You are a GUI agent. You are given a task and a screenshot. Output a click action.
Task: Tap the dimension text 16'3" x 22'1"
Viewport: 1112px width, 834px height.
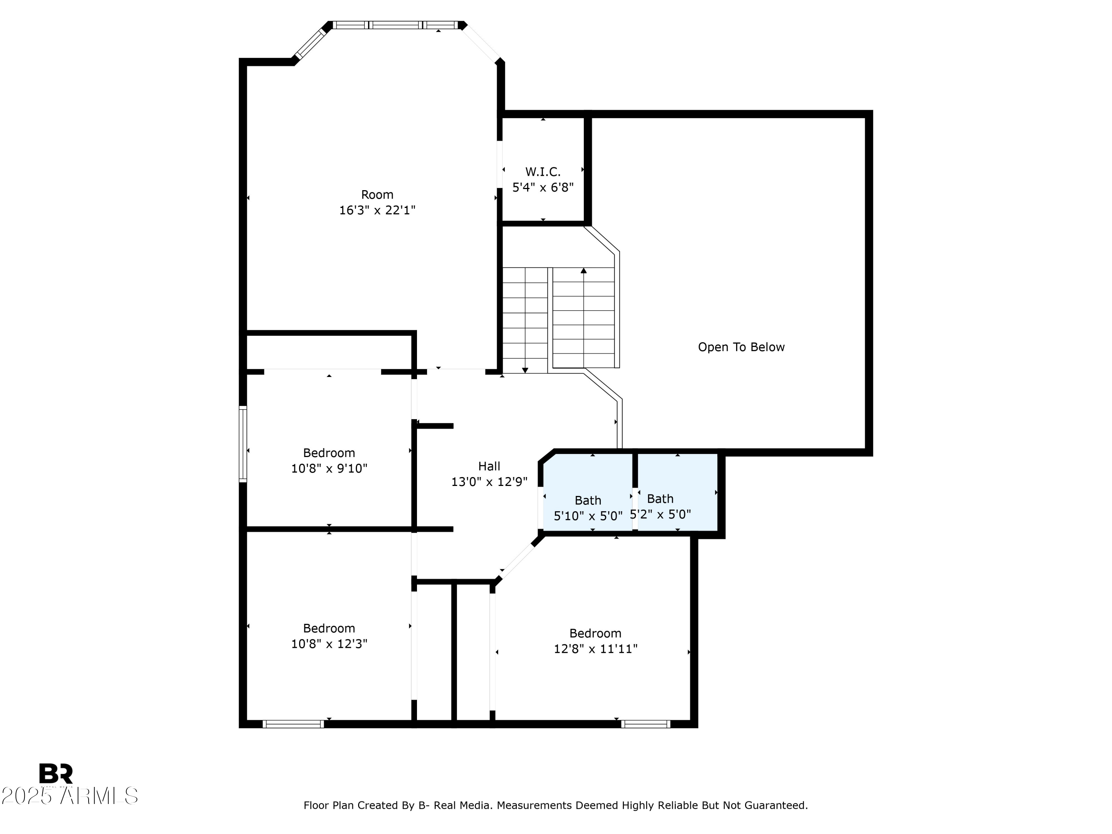tap(377, 210)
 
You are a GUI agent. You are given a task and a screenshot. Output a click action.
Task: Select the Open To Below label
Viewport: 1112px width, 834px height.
tap(741, 347)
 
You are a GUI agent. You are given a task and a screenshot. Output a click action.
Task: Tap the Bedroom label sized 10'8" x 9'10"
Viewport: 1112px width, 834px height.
tap(329, 453)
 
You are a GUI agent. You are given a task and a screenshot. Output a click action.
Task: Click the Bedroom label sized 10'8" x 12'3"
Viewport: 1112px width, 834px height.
tap(329, 628)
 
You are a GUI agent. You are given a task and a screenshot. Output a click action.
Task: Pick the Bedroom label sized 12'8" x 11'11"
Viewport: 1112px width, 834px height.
tap(595, 633)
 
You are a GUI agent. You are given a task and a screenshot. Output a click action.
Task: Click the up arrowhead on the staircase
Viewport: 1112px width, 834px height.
tap(584, 271)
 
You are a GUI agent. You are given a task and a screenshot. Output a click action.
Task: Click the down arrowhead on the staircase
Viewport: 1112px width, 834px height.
tap(525, 370)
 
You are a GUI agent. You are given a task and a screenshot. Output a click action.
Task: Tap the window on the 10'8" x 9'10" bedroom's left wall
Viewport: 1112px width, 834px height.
tap(243, 444)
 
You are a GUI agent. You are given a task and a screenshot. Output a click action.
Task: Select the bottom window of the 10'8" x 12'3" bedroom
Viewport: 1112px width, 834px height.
tap(293, 724)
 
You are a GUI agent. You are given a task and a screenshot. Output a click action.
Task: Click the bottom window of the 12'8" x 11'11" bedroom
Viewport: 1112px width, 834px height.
tap(645, 724)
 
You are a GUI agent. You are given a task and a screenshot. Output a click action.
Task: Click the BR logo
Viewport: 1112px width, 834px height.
tap(56, 773)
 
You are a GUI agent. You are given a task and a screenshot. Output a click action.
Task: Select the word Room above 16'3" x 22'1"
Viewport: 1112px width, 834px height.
tap(377, 195)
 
